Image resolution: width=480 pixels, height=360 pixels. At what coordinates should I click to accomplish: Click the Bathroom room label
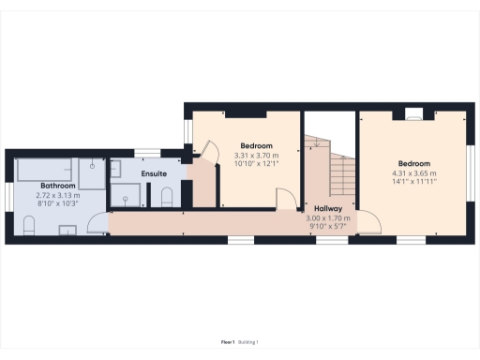[58, 187]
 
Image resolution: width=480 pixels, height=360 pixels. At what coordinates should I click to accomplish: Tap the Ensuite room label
[155, 174]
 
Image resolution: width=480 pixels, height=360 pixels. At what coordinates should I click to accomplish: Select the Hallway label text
[328, 209]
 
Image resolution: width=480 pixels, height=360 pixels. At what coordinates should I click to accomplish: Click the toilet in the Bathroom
[29, 225]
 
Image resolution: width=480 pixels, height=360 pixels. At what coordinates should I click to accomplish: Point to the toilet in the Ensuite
[167, 195]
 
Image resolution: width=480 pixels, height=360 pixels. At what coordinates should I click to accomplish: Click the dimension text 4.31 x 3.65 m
[413, 172]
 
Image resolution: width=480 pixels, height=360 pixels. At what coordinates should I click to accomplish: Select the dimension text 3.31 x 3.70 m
[256, 156]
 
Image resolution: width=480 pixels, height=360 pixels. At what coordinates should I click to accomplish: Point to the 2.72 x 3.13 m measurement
[58, 195]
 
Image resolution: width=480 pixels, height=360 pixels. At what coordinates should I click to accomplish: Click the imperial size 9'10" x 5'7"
[328, 226]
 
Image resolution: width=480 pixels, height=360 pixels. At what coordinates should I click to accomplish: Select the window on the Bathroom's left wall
[8, 193]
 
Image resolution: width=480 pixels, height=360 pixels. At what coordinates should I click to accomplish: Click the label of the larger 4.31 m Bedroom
[413, 163]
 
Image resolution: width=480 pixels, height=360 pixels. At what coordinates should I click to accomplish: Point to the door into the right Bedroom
[369, 222]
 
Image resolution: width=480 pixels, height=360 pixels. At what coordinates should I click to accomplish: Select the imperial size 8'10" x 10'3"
[58, 203]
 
